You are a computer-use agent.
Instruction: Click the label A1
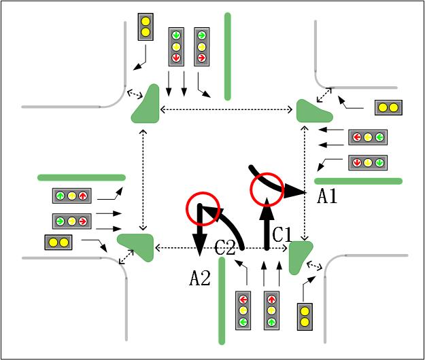[328, 196]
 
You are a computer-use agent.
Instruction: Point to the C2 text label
[226, 249]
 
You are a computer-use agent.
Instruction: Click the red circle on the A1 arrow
[267, 187]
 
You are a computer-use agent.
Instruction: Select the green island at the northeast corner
[313, 111]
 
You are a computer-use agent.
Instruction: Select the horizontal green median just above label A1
[358, 181]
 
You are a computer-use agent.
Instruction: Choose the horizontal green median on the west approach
[82, 177]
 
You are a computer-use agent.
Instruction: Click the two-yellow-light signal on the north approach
[146, 26]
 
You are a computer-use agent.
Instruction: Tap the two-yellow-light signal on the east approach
[388, 107]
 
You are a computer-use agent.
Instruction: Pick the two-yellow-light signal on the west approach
[58, 242]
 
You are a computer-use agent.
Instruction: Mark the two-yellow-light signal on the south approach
[305, 317]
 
